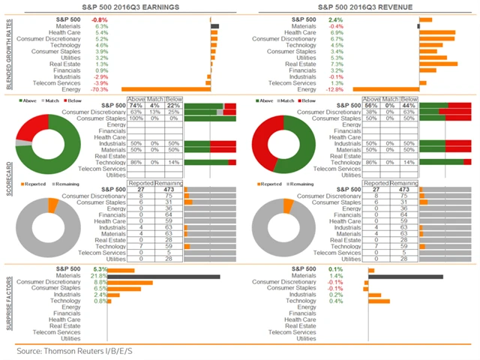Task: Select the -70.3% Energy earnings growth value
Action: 97,88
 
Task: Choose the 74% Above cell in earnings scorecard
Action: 136,106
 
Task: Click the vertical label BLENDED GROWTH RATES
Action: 7,52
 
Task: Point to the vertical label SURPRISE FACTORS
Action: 7,300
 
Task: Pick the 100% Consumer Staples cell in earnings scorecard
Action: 136,118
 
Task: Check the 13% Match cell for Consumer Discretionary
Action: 156,112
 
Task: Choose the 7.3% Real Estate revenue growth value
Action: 336,64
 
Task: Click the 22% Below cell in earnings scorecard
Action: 175,106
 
